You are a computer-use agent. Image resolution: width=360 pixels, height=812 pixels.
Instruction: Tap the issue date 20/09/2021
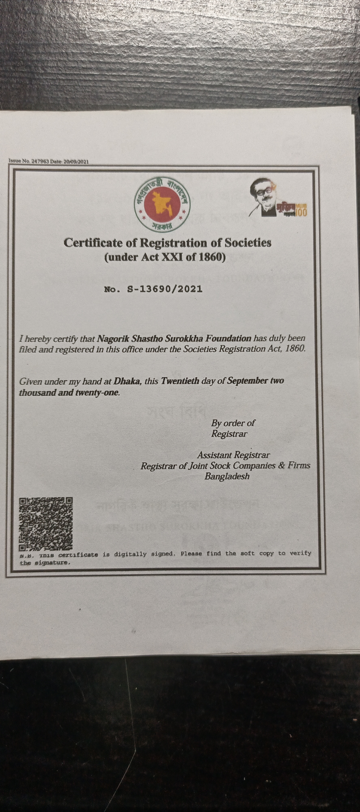[76, 162]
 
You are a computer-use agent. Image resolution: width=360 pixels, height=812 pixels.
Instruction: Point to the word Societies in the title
[248, 243]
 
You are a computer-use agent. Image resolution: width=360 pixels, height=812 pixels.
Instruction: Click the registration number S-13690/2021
[164, 289]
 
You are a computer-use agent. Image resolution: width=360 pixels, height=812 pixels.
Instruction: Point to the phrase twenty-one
[97, 393]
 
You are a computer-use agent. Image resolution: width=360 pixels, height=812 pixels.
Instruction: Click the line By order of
[233, 423]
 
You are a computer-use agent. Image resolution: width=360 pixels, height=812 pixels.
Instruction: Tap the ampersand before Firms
[282, 465]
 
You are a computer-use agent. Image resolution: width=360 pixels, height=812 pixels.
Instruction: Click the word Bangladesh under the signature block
[227, 476]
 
